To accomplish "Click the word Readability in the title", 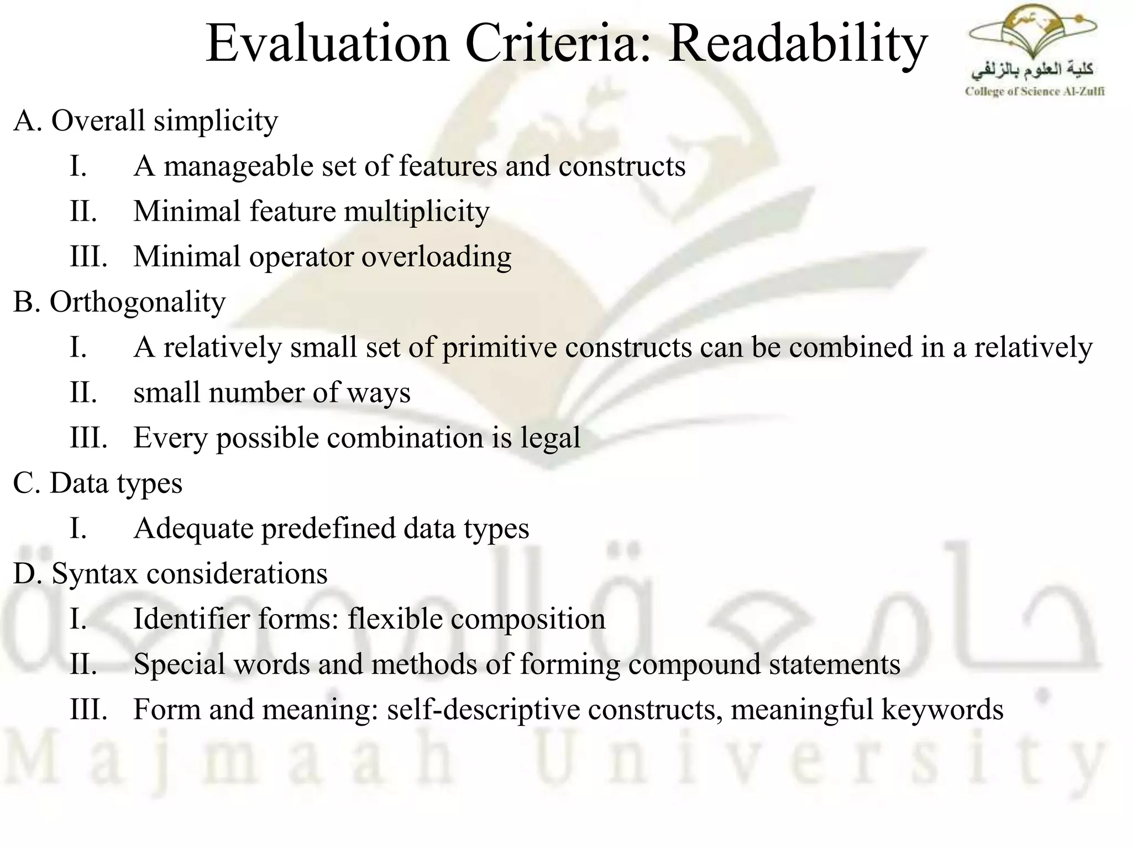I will pos(798,44).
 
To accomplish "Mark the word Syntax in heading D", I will pos(95,574).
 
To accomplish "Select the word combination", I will pos(405,438).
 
